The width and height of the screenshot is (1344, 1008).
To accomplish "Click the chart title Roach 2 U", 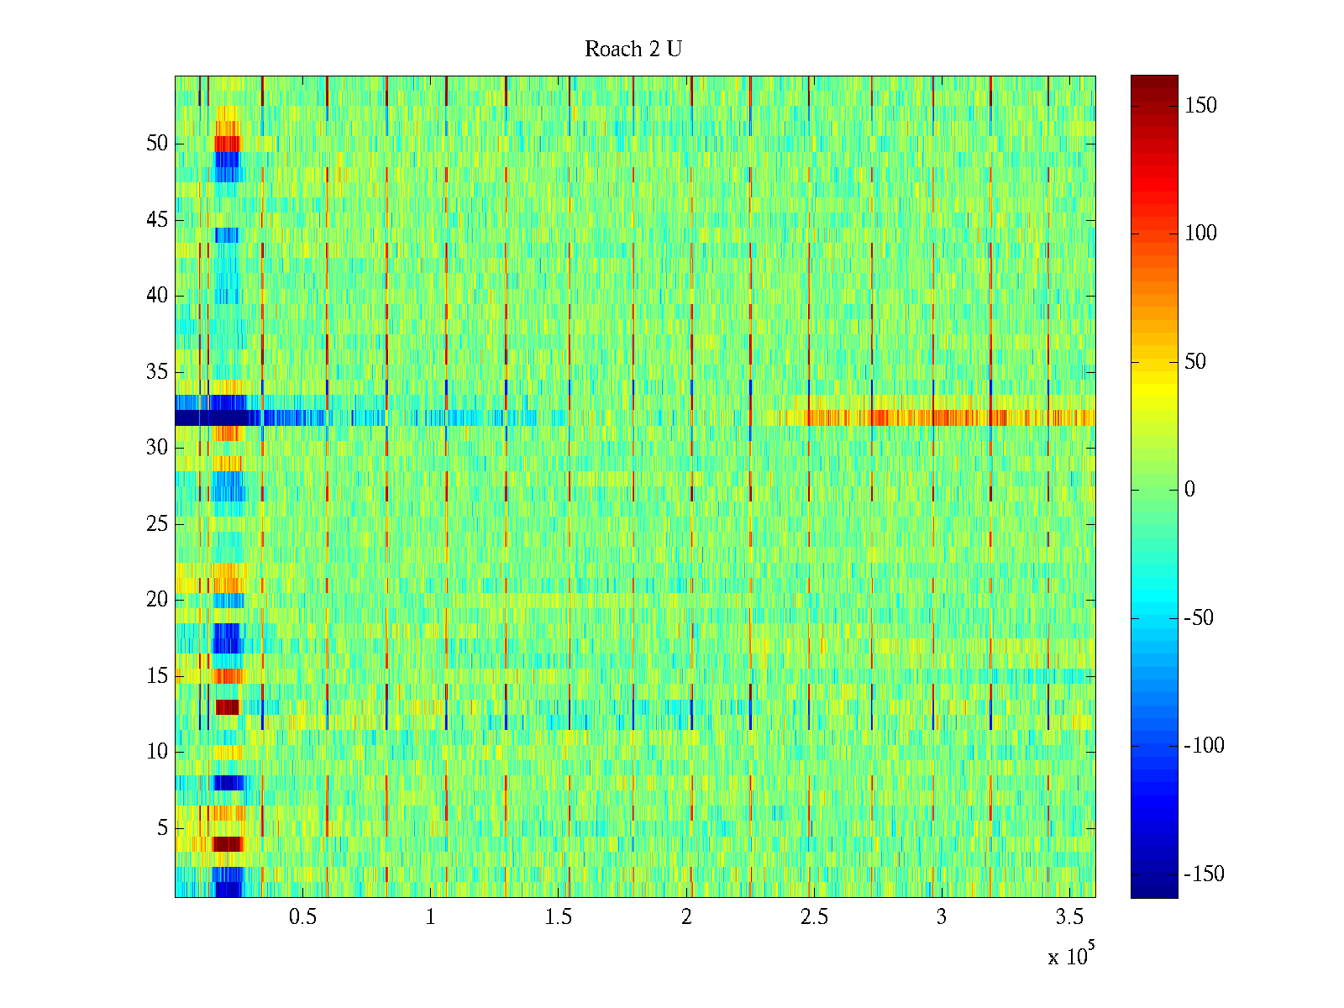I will [x=633, y=50].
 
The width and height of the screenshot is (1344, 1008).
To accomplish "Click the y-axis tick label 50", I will [x=157, y=144].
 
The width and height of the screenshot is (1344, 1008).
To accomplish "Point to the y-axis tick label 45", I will [x=157, y=220].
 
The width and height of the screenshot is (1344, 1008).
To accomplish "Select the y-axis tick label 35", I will [x=157, y=372].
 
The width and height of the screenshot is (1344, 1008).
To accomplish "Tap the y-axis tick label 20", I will [x=157, y=600].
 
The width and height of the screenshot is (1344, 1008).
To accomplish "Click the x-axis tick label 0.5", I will [x=302, y=917].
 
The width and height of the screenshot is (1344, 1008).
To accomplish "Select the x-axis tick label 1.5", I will [x=558, y=917].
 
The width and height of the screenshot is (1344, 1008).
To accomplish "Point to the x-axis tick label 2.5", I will [x=813, y=917].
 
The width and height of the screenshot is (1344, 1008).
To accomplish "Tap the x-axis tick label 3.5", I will [x=1069, y=917].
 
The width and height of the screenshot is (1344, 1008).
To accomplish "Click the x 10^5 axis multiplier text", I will [x=1070, y=956].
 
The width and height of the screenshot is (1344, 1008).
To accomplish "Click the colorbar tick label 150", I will [x=1200, y=106].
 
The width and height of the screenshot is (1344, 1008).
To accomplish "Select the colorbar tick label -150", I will [x=1204, y=874].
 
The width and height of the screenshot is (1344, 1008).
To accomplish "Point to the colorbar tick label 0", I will [x=1189, y=490].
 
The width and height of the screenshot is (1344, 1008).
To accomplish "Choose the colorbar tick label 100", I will [x=1200, y=234].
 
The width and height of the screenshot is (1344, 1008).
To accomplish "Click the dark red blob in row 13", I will [x=227, y=707].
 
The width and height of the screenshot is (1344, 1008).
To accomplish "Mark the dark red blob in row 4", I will [x=227, y=844].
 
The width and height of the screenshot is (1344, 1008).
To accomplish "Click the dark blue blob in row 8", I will [x=228, y=783].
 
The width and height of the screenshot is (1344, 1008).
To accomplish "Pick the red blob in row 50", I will [x=227, y=144].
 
